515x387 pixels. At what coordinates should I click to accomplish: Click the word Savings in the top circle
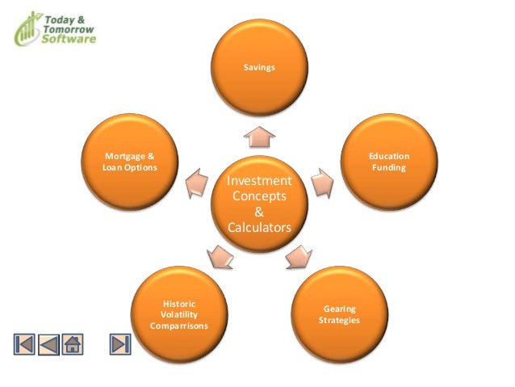pyautogui.click(x=258, y=67)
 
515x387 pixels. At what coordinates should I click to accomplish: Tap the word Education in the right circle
pyautogui.click(x=389, y=155)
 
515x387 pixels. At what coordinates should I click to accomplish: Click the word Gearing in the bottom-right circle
pyautogui.click(x=339, y=309)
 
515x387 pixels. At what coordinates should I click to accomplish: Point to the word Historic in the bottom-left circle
pyautogui.click(x=178, y=304)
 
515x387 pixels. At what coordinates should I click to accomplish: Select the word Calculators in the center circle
pyautogui.click(x=258, y=229)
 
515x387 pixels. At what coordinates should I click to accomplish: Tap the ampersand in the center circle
pyautogui.click(x=258, y=212)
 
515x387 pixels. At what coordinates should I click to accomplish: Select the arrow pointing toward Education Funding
pyautogui.click(x=321, y=183)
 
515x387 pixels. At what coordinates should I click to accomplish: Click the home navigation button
pyautogui.click(x=72, y=343)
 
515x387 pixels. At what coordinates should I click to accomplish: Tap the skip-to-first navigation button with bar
pyautogui.click(x=24, y=343)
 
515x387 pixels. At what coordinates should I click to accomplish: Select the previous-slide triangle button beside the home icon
pyautogui.click(x=48, y=343)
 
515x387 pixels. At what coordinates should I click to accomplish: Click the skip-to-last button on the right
pyautogui.click(x=120, y=343)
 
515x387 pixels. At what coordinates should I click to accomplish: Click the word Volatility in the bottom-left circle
pyautogui.click(x=178, y=314)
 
